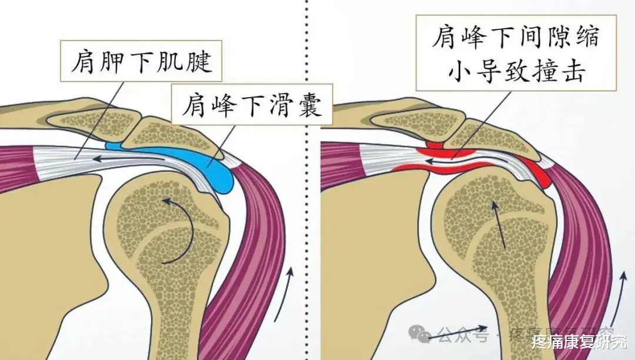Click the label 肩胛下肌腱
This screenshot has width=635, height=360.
[141, 61]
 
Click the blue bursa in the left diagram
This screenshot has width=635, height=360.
[215, 173]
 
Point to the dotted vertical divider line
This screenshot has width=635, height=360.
[307, 176]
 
